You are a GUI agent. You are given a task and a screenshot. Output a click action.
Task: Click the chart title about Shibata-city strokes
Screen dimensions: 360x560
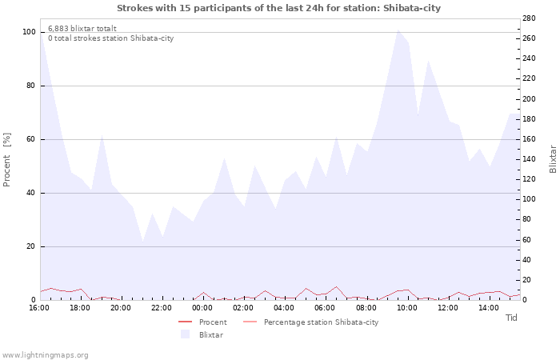coord(278,8)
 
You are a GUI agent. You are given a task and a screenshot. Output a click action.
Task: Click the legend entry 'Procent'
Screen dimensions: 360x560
coord(213,322)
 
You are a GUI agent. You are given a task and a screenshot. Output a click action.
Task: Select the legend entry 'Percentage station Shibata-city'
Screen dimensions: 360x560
coord(321,322)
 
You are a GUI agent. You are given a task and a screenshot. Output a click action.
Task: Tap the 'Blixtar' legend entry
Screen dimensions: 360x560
coord(210,334)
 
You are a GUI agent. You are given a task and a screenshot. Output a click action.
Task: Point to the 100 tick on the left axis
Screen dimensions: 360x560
coord(29,32)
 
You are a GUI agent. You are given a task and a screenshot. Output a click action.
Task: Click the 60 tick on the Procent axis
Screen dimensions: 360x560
coord(30,139)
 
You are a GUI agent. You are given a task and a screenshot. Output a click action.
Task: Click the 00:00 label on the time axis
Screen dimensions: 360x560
coord(202,308)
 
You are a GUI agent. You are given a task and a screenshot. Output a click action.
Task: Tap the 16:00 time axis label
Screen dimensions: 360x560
coord(39,308)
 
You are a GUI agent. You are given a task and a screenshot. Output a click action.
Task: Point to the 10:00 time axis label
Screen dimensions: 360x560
coord(407,308)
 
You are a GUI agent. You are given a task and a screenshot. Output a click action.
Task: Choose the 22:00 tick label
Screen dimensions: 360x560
coord(162,308)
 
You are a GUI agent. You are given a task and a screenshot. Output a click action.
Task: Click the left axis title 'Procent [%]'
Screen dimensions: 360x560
coord(7,159)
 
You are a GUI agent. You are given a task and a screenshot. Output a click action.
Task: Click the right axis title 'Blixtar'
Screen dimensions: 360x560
coord(553,159)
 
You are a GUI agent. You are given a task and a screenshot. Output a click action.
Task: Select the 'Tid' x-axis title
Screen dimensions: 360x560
coord(512,318)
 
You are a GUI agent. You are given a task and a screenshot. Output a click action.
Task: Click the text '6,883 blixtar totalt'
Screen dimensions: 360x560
coord(82,28)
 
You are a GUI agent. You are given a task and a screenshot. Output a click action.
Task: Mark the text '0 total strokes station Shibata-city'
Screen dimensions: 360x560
coord(110,38)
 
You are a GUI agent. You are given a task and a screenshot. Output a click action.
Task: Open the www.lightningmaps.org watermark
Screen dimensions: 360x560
coord(45,354)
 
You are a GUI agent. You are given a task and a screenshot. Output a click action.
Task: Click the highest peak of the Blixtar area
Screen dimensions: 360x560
coord(398,30)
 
